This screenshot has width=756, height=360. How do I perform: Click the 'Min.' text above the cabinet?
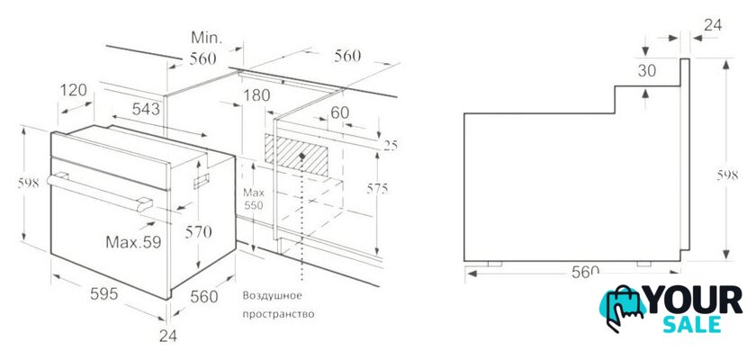coord(206,38)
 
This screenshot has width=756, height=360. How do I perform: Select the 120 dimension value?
coord(74,90)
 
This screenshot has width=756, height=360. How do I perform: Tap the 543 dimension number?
coord(146,109)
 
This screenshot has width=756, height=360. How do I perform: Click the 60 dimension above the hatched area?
coord(339,112)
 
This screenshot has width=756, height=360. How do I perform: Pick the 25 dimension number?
coord(391,145)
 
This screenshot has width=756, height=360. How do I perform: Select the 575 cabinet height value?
coord(377,188)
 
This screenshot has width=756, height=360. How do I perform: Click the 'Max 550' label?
coord(253,199)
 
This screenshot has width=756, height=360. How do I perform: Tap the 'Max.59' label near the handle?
coord(133,241)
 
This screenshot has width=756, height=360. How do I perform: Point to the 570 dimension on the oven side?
coord(199,232)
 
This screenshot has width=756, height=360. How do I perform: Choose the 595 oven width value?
coord(103,293)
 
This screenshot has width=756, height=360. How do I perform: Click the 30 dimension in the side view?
coord(647,70)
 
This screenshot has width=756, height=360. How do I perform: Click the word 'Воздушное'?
coord(272,295)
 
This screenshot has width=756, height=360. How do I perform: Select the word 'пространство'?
coord(278,315)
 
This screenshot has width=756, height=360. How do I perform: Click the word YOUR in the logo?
coord(694,301)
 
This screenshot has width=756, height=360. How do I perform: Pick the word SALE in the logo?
coord(692,325)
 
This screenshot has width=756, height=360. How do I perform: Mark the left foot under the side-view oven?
coord(495,264)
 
